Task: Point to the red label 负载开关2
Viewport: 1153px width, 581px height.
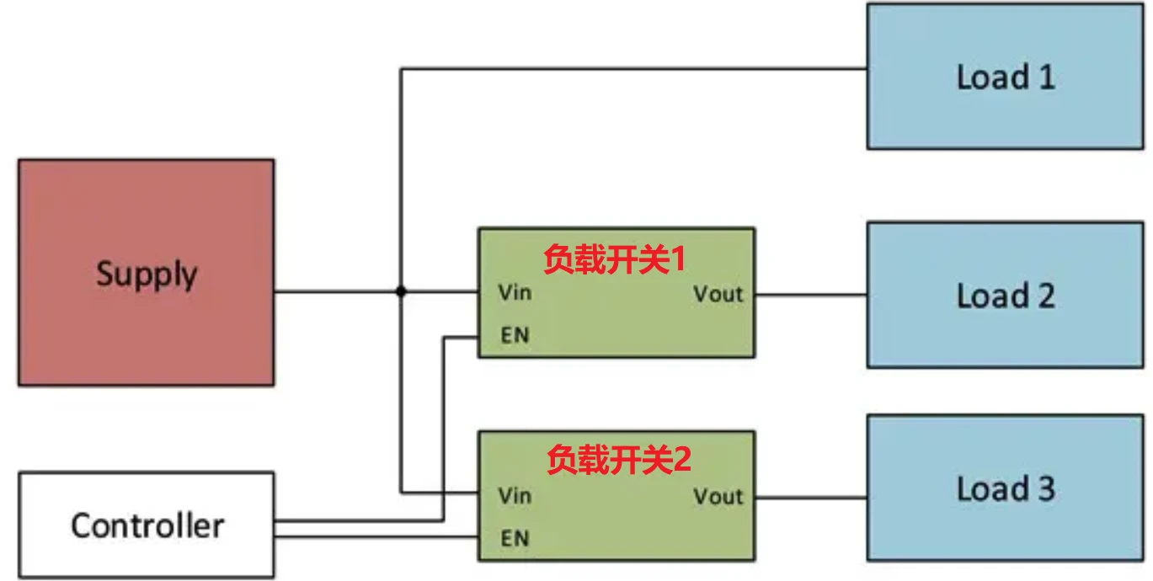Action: click(x=618, y=460)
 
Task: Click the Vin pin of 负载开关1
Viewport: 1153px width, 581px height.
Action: click(x=514, y=294)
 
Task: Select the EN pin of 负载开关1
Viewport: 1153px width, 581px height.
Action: click(x=514, y=335)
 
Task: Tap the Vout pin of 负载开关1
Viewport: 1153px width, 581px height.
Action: click(x=718, y=294)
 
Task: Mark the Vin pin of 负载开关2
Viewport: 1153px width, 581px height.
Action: click(x=514, y=495)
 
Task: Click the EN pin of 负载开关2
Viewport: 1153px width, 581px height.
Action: click(x=514, y=537)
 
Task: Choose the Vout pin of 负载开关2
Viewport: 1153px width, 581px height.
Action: click(x=718, y=497)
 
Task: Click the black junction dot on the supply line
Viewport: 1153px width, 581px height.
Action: click(x=401, y=292)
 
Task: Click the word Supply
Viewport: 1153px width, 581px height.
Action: click(x=147, y=275)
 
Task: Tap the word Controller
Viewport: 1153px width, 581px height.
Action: click(x=147, y=525)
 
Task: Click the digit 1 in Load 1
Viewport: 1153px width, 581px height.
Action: click(x=1044, y=77)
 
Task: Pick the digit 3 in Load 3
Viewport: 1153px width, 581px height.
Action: click(x=1044, y=489)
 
